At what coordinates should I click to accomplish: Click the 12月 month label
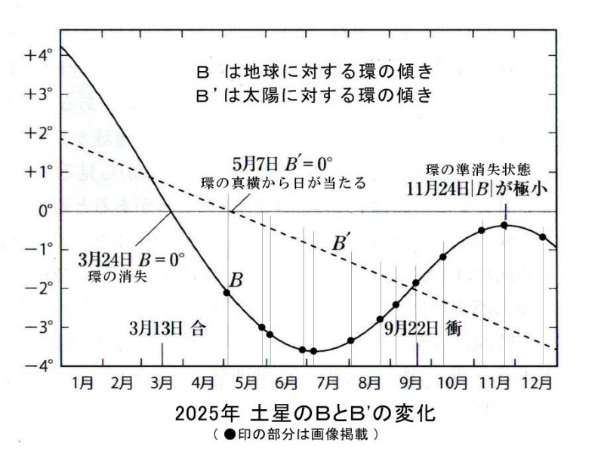(x=535, y=383)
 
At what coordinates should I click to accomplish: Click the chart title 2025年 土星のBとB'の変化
(x=305, y=415)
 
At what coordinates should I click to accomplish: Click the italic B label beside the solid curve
(x=236, y=281)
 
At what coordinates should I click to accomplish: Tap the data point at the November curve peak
(x=504, y=225)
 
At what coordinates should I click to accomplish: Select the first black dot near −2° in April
(x=227, y=292)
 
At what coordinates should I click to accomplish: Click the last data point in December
(x=543, y=237)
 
